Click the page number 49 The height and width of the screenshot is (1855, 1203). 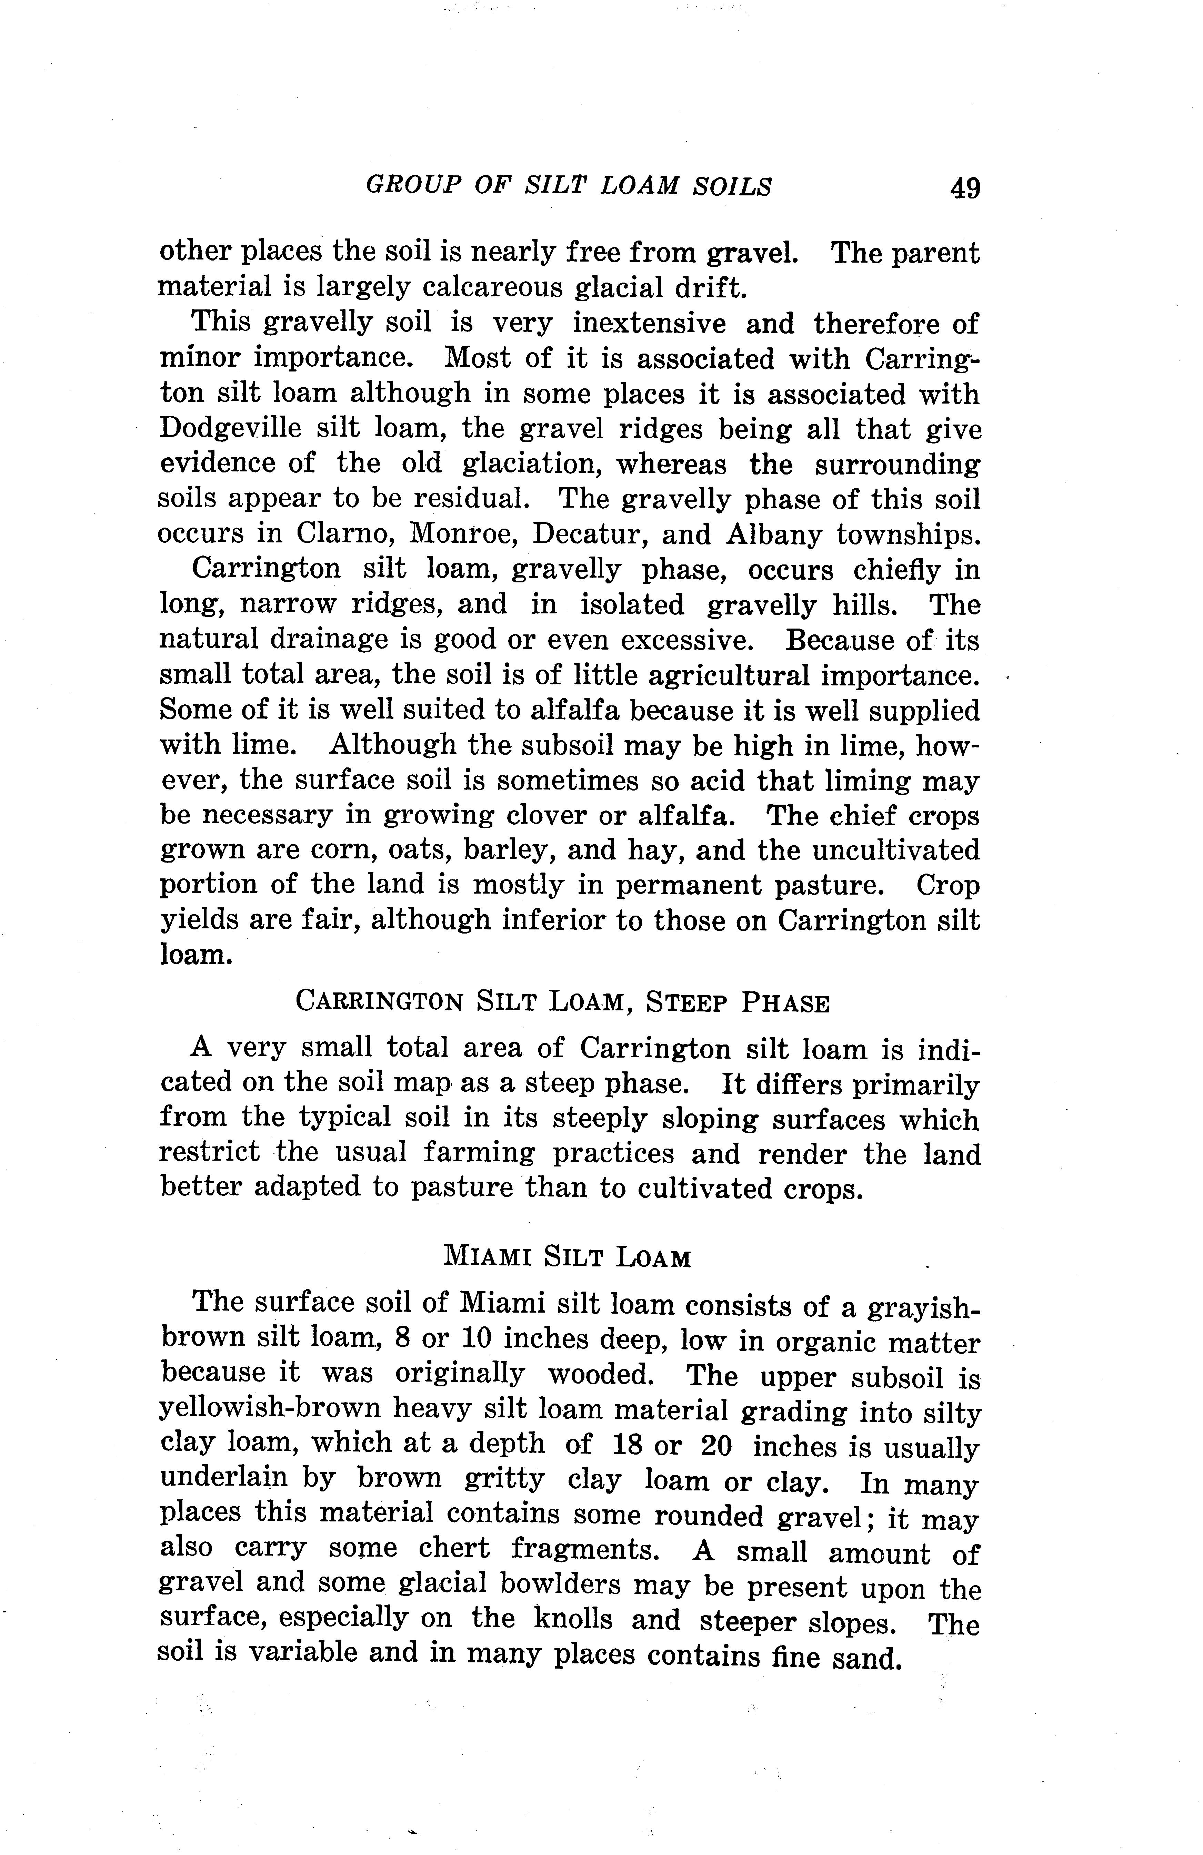click(964, 188)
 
